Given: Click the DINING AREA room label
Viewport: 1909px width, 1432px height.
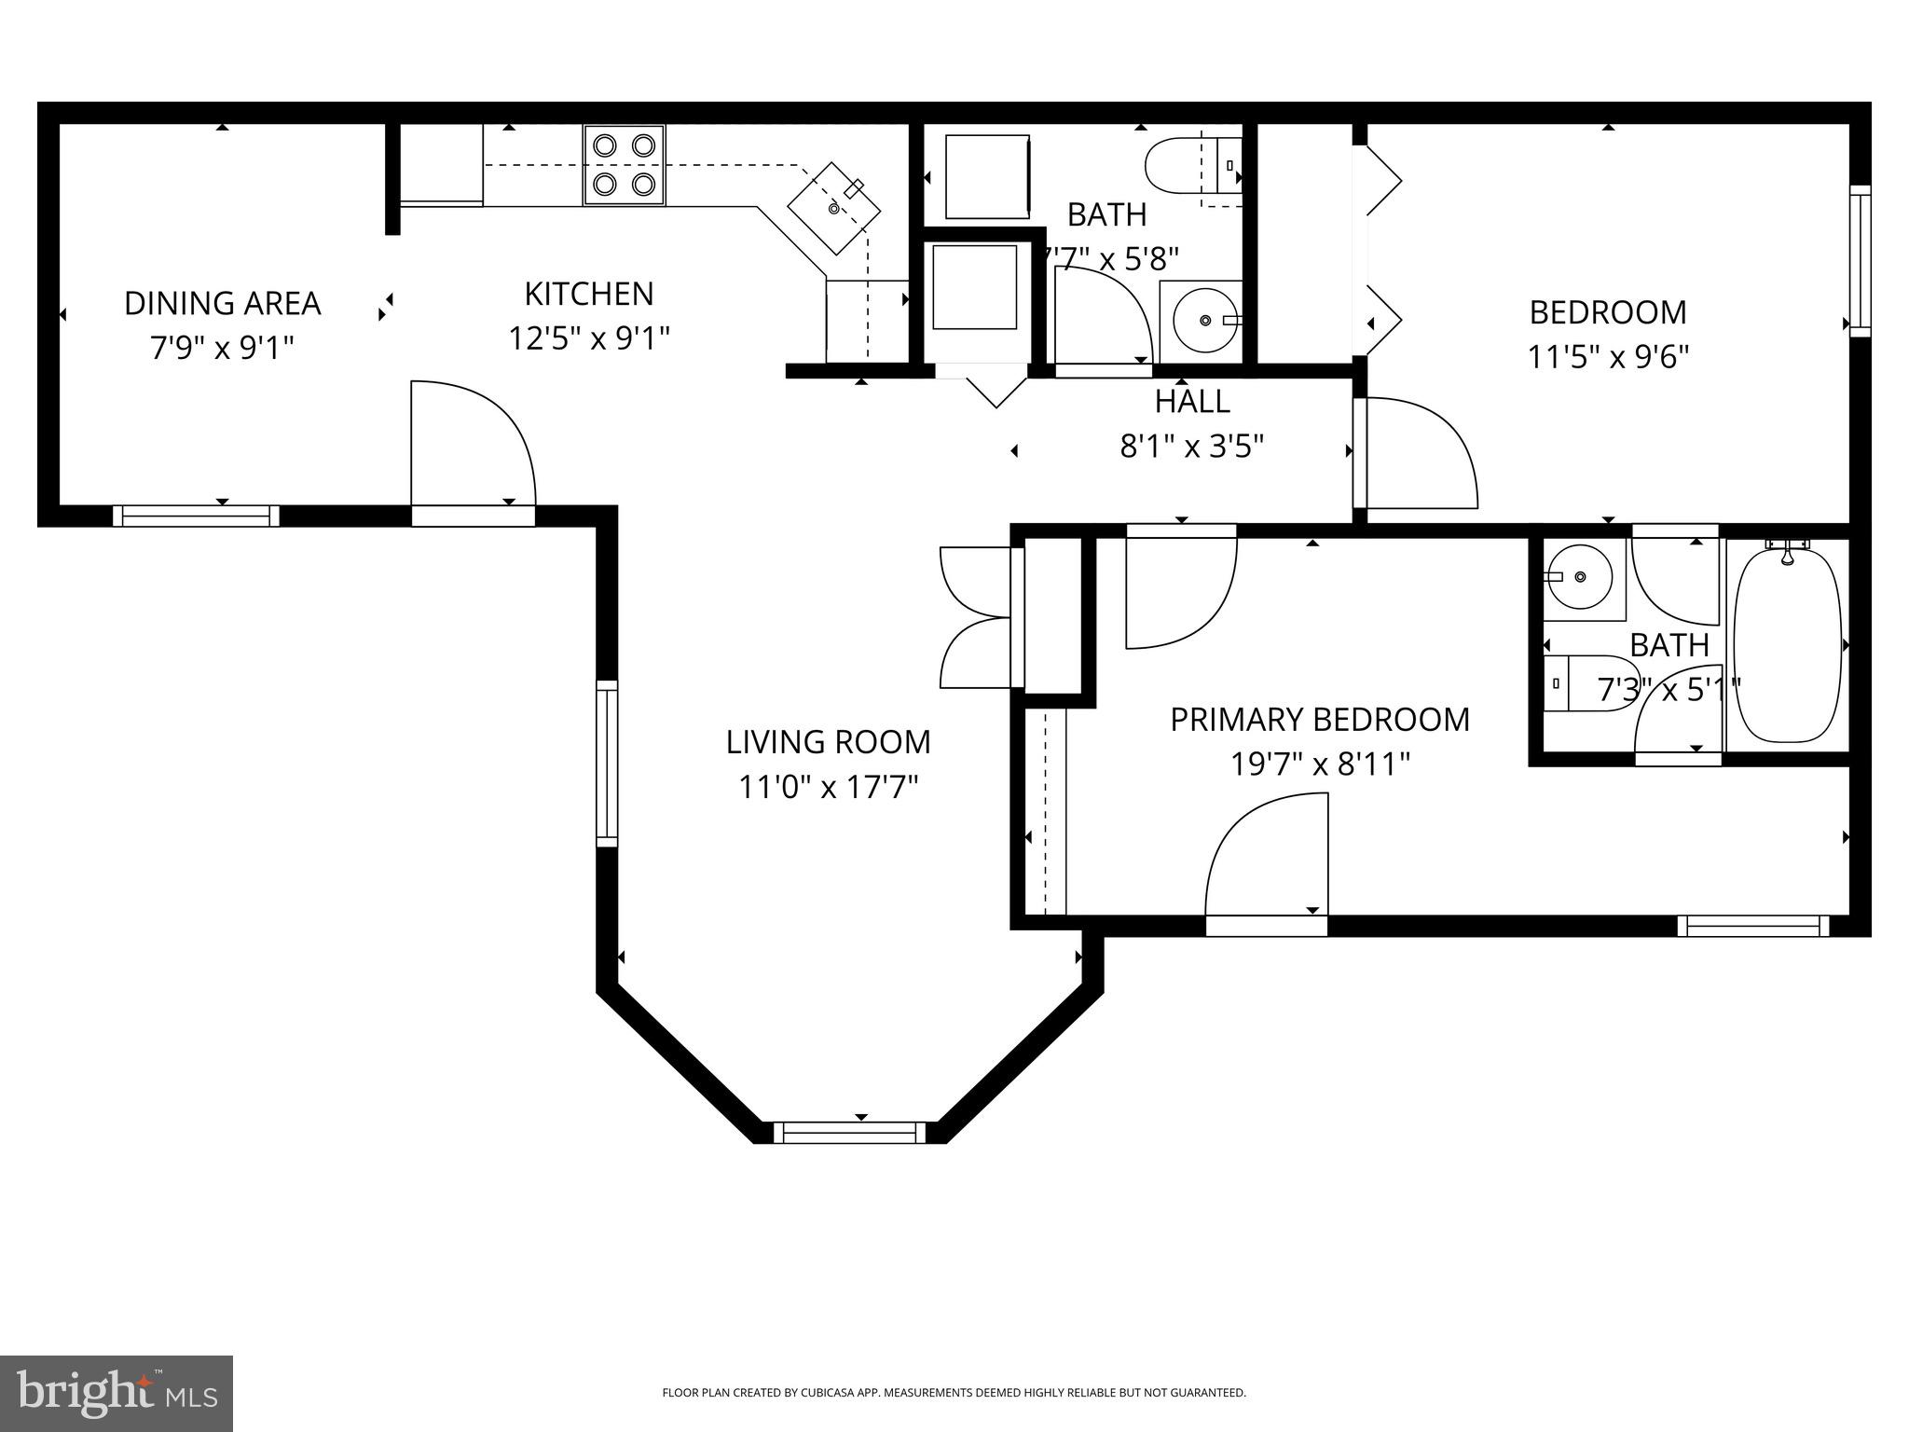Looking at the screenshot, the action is click(222, 303).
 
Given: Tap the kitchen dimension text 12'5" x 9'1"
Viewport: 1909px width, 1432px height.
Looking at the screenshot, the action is click(589, 337).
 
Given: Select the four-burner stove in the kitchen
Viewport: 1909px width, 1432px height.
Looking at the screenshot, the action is click(625, 165).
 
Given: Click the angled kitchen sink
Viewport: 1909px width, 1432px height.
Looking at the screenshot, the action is click(834, 207).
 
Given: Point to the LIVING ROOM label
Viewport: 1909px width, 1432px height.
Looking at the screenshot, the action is click(829, 742).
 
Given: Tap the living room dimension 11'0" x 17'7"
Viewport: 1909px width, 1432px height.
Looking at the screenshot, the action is click(829, 788).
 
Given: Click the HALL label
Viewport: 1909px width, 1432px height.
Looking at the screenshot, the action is click(1192, 402).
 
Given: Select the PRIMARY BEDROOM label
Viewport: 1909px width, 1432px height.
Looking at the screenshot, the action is click(1320, 720).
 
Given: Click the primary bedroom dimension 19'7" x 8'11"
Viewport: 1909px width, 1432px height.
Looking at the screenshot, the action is click(1320, 765).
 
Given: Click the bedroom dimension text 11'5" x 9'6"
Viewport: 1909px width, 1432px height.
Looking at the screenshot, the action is click(1608, 357).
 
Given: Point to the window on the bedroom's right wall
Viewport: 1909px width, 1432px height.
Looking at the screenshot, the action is click(1861, 261).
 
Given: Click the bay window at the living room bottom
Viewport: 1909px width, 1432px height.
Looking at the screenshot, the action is click(850, 1133).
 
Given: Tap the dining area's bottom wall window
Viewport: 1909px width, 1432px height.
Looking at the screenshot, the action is click(196, 516).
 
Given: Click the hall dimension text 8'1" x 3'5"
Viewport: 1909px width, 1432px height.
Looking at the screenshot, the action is click(1192, 447).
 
